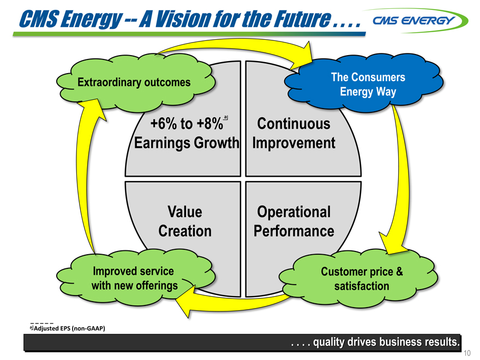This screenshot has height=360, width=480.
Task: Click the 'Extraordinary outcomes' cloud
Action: coord(134,82)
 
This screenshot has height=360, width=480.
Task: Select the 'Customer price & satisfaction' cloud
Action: coord(362,279)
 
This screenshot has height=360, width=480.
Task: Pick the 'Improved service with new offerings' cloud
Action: coord(134,278)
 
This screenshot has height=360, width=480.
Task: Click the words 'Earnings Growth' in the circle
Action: coord(187,143)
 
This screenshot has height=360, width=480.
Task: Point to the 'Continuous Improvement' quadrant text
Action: coord(294,134)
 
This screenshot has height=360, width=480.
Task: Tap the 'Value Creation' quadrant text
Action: coord(184,221)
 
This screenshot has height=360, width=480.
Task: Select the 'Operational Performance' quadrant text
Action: coord(293,221)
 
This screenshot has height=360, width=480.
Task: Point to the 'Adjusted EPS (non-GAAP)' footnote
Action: coord(68,328)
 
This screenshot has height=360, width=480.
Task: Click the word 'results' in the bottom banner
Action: coord(439,343)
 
